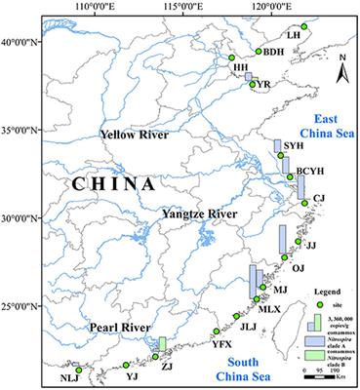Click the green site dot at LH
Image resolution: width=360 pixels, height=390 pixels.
304,25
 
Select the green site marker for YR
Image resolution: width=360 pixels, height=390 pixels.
253,84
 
